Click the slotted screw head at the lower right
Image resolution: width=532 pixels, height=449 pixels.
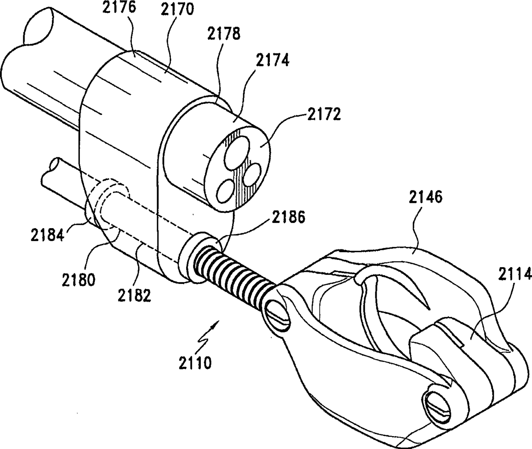coord(438,404)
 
